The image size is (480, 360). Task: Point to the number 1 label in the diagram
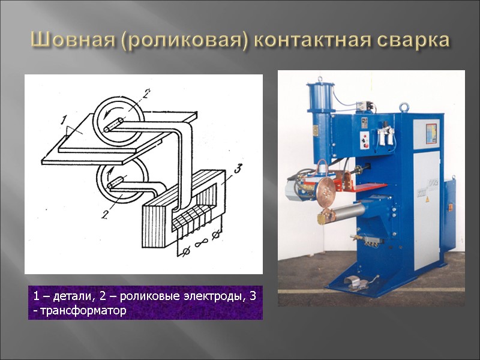point(64,121)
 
